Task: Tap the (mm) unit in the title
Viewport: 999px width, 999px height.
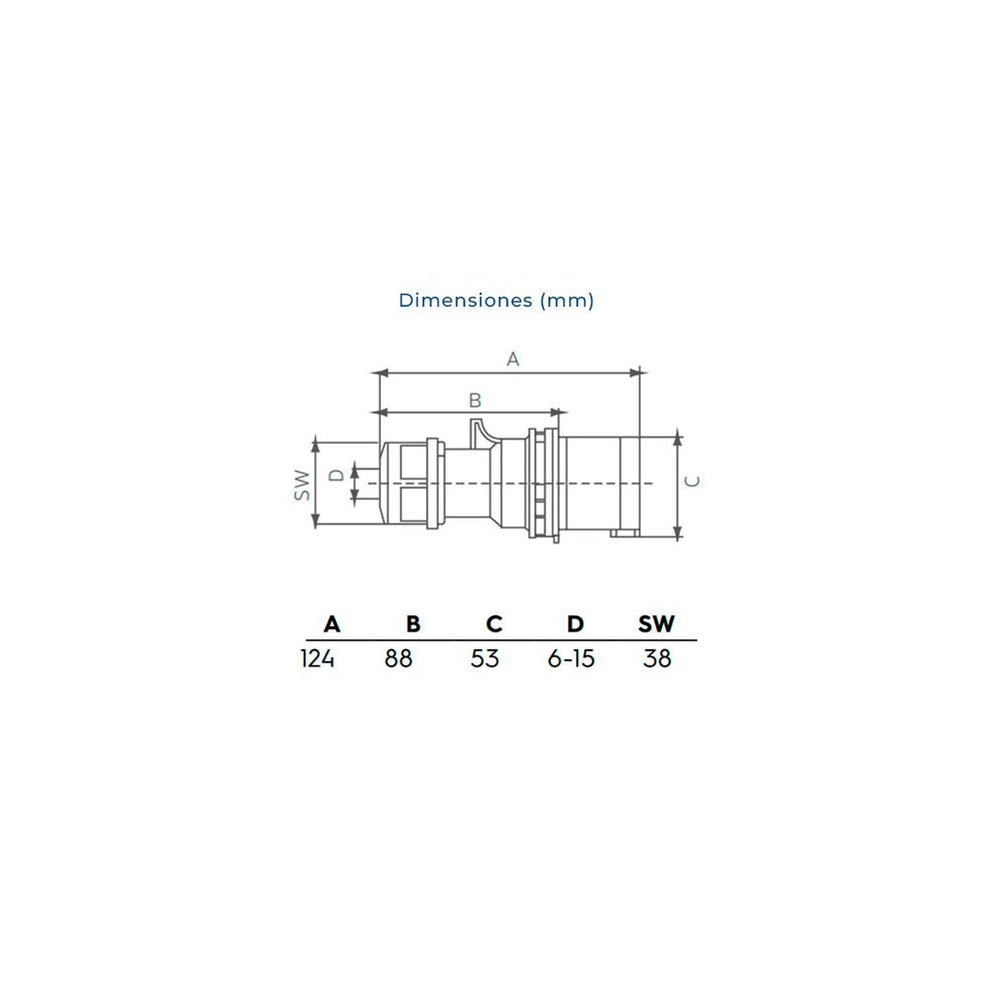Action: point(567,300)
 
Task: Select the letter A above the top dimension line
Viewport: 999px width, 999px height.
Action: point(512,359)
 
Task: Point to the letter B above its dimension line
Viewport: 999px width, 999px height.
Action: point(476,400)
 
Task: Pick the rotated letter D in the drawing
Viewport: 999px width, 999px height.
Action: point(338,475)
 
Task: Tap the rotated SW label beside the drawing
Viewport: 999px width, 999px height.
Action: point(302,484)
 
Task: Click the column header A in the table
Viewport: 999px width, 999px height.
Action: point(333,624)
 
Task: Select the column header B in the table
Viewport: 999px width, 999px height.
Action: point(414,624)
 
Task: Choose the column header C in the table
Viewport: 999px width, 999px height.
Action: point(495,624)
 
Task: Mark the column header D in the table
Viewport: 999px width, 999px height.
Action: point(575,624)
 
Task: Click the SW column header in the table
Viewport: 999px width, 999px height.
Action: point(656,624)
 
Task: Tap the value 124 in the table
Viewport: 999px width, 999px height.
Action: point(318,659)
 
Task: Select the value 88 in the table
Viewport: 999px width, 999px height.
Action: point(399,659)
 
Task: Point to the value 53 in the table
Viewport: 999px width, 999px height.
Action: point(485,659)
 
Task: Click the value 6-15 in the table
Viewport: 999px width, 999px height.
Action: point(571,659)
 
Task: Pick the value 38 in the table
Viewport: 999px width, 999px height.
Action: point(657,659)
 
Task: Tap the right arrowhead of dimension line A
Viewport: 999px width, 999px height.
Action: point(637,374)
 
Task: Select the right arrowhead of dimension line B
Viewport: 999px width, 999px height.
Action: point(560,412)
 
